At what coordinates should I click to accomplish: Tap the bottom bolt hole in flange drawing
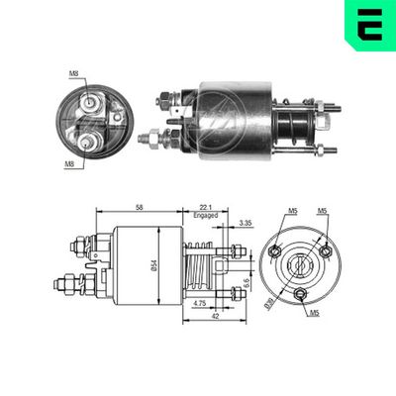tap(300, 294)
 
